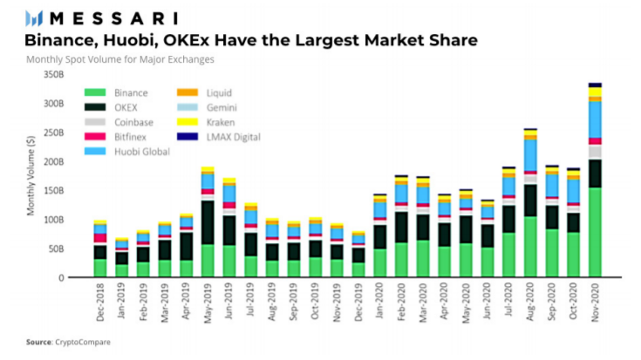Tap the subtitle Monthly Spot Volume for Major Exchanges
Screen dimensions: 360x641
pos(120,59)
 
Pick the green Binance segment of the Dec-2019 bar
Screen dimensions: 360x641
pos(358,269)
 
